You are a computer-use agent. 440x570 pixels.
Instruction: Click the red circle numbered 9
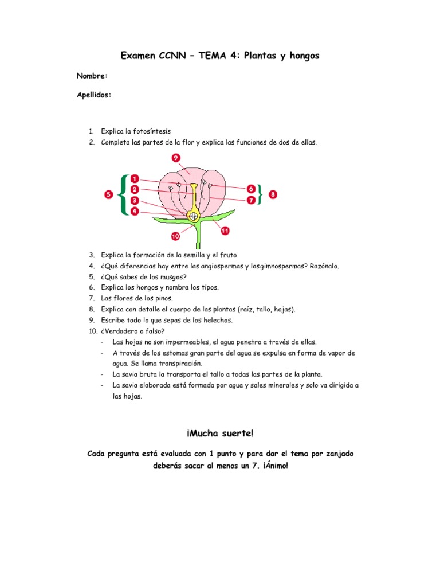(175, 158)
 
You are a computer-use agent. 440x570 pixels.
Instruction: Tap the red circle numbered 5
(109, 195)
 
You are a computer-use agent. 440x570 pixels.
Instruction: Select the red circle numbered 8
(273, 195)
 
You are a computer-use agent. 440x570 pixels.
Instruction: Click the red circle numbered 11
(225, 231)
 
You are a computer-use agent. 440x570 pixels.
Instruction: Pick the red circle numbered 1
(134, 178)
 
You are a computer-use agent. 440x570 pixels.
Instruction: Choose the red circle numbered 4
(134, 211)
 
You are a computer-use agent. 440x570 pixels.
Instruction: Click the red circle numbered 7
(251, 200)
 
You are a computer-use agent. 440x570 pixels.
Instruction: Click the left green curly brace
(123, 195)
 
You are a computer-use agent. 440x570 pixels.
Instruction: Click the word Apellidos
(94, 95)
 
